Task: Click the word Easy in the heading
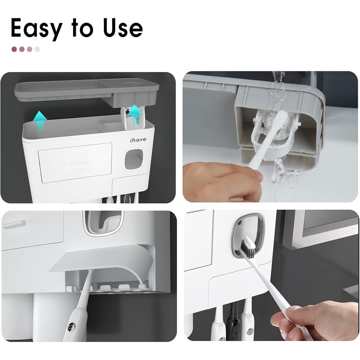pyautogui.click(x=37, y=29)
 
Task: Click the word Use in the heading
pyautogui.click(x=122, y=27)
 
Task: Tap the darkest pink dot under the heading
pyautogui.click(x=14, y=49)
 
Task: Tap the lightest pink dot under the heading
pyautogui.click(x=37, y=49)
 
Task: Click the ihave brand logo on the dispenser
pyautogui.click(x=138, y=140)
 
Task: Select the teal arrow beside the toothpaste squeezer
pyautogui.click(x=135, y=113)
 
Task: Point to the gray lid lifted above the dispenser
pyautogui.click(x=87, y=93)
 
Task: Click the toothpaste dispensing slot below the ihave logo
pyautogui.click(x=134, y=159)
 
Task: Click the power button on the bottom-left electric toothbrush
pyautogui.click(x=71, y=326)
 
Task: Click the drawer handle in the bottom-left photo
pyautogui.click(x=14, y=224)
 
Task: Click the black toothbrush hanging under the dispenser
pyautogui.click(x=232, y=321)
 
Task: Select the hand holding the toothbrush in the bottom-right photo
pyautogui.click(x=315, y=320)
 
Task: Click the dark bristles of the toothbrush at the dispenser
pyautogui.click(x=247, y=249)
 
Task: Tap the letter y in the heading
pyautogui.click(x=56, y=31)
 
